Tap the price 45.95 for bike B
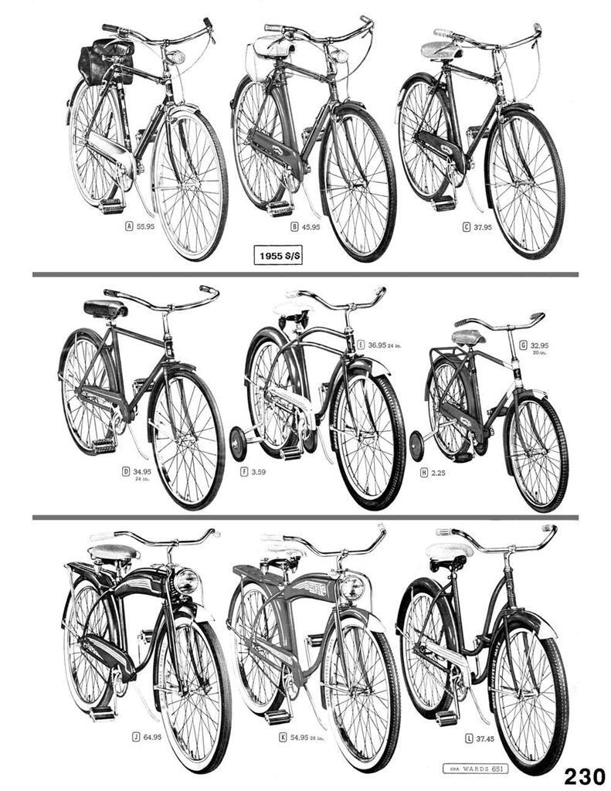pyautogui.click(x=310, y=227)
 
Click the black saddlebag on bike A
pyautogui.click(x=107, y=60)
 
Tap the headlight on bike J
pyautogui.click(x=187, y=581)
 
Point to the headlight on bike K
pyautogui.click(x=352, y=586)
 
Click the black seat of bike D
pyautogui.click(x=106, y=308)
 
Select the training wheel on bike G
pyautogui.click(x=418, y=446)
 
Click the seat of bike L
pyautogui.click(x=449, y=552)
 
